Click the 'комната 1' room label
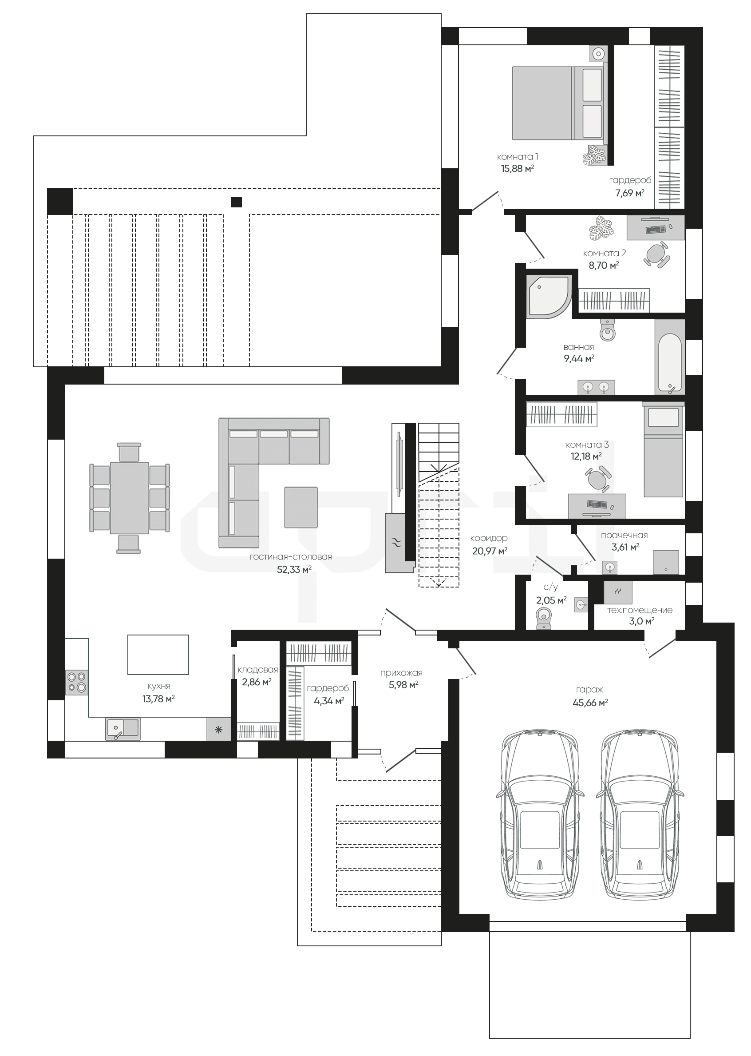518,157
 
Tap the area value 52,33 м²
294,570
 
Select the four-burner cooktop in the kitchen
77,682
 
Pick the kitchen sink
123,729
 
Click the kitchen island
158,655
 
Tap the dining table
130,498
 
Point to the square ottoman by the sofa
301,507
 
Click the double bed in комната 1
559,103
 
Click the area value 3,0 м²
641,621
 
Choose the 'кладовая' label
257,670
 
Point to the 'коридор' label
489,538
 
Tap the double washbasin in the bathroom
596,387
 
